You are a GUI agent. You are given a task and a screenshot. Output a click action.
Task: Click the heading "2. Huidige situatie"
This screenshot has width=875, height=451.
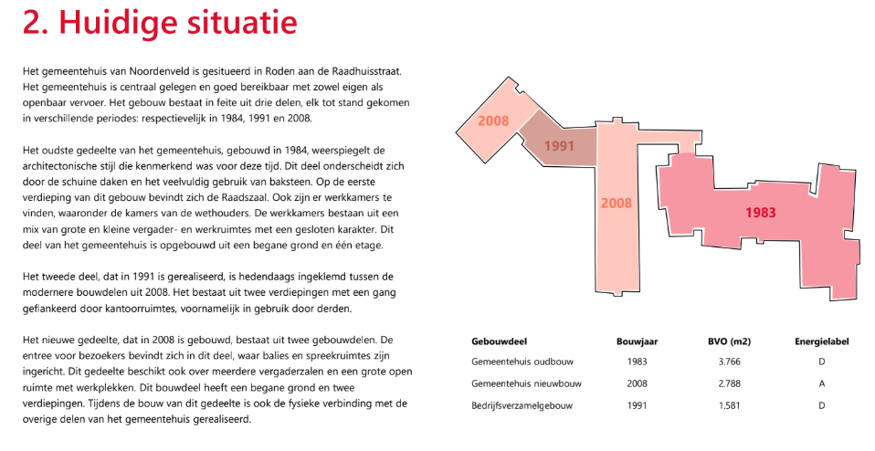click(x=160, y=23)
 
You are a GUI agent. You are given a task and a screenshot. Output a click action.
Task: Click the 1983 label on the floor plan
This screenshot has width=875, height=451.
click(x=760, y=213)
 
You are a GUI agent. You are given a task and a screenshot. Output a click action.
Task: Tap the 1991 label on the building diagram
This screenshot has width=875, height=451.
click(x=559, y=145)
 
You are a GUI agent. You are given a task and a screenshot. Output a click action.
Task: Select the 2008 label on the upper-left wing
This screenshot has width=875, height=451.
click(x=493, y=121)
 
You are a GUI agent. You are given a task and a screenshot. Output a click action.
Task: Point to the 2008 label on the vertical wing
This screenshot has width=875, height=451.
click(x=616, y=203)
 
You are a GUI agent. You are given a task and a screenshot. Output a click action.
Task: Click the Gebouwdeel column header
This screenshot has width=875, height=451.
click(x=500, y=341)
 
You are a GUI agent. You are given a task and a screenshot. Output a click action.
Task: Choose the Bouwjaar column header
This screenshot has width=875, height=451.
click(x=638, y=341)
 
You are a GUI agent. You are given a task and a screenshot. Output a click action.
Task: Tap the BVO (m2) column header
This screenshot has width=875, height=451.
click(x=729, y=341)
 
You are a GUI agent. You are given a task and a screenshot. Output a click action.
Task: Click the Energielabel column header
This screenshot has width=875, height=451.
click(x=822, y=341)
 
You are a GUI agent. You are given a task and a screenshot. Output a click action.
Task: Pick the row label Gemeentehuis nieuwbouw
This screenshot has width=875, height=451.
click(x=527, y=383)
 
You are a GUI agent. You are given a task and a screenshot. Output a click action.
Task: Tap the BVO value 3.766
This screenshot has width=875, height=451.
click(x=729, y=362)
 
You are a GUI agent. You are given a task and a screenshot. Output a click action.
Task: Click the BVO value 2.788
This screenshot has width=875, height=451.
click(x=729, y=383)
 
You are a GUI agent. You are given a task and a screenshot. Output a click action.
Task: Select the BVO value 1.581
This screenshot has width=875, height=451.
click(x=729, y=404)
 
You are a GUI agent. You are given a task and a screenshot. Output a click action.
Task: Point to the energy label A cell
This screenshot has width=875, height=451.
click(x=822, y=383)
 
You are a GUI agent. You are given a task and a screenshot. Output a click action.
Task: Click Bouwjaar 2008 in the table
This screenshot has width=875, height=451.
click(x=638, y=383)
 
